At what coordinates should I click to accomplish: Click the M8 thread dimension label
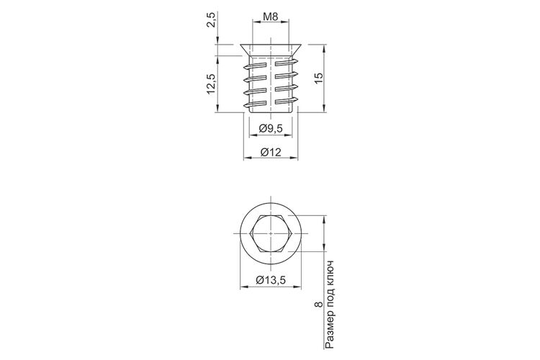[270, 17]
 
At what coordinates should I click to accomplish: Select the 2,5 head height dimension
[212, 19]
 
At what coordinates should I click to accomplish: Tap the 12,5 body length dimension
[211, 84]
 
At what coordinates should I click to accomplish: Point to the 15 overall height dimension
[319, 77]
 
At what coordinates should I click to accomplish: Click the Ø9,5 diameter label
[271, 128]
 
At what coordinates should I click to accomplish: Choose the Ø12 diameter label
[271, 152]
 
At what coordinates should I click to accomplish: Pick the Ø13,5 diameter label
[271, 280]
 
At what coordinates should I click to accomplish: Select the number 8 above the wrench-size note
[319, 305]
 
